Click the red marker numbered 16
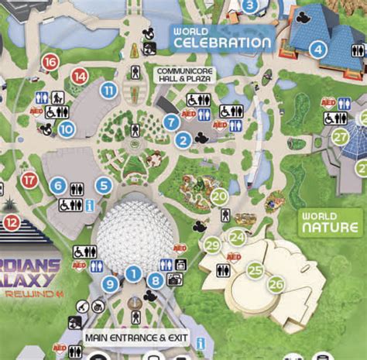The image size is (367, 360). point(50,62)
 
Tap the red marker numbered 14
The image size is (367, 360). point(80,76)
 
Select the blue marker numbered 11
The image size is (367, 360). point(108,91)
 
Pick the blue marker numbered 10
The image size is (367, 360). point(67,130)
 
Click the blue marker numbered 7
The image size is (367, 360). point(172,122)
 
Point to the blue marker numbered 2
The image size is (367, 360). point(183,140)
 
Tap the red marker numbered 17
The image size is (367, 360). point(29,180)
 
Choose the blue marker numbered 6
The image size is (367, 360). point(57,185)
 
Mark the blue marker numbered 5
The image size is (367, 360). point(104,185)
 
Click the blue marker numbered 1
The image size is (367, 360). point(133,273)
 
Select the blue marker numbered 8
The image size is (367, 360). point(156,281)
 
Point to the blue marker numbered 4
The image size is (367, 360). point(317,50)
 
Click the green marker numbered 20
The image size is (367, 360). point(220,197)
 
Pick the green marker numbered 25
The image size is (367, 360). point(255,270)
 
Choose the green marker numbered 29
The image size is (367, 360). point(212,246)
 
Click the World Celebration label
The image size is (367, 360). point(222,37)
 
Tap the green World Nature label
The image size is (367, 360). point(331,221)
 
